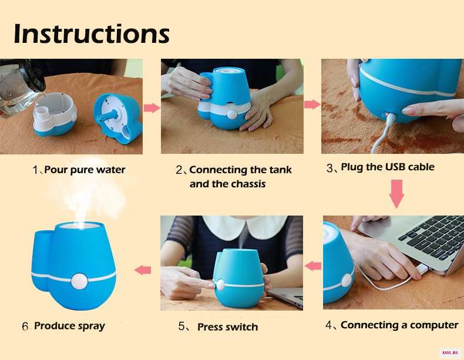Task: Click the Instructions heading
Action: tap(92, 34)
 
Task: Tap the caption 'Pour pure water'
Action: tap(85, 170)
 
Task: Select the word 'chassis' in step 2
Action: tap(248, 184)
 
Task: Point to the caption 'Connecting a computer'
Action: tap(399, 325)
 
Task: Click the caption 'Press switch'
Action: tap(227, 327)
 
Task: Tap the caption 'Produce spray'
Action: tap(69, 326)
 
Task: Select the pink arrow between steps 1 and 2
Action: tap(152, 108)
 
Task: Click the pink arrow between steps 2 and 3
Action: tap(312, 105)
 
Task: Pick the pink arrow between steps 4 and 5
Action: tap(313, 266)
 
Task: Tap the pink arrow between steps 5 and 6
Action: tap(143, 270)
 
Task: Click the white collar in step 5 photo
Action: tap(245, 227)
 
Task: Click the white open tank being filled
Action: tap(54, 113)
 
